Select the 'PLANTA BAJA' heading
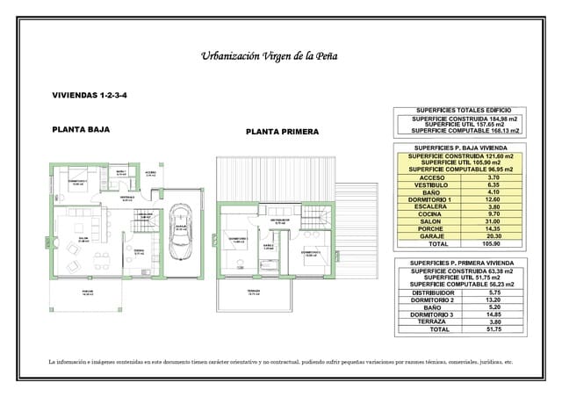pyautogui.click(x=80, y=128)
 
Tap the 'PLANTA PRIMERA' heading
pyautogui.click(x=282, y=132)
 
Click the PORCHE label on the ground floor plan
pyautogui.click(x=87, y=291)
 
